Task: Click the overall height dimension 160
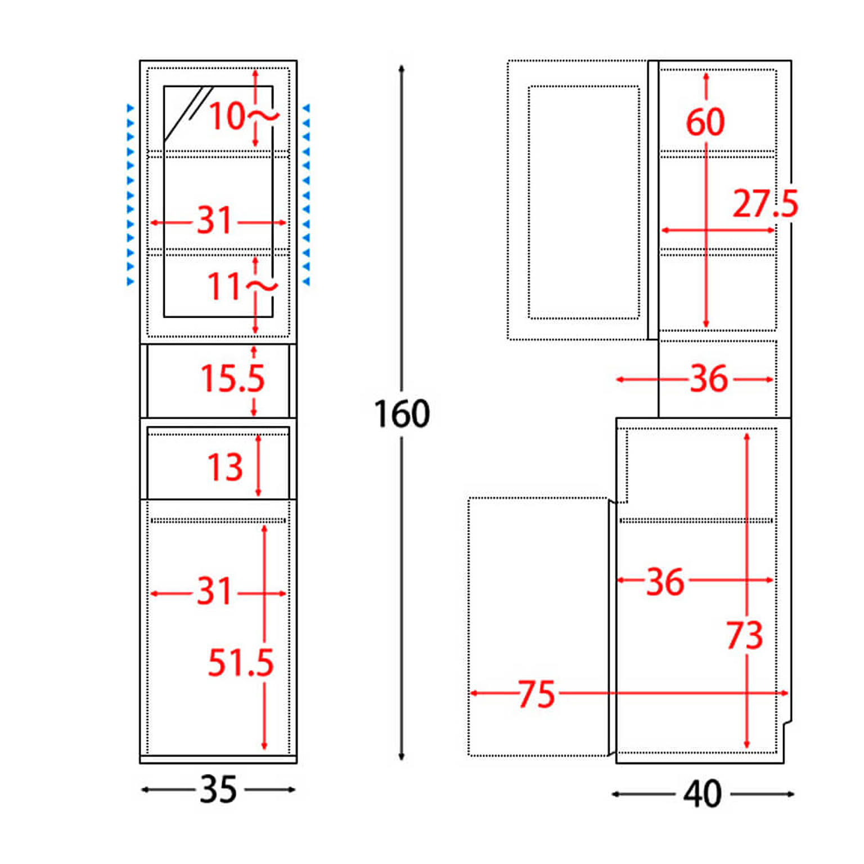point(402,414)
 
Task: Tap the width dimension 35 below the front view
point(218,789)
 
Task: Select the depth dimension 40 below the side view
point(703,794)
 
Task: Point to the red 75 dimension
point(537,694)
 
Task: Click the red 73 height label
point(745,635)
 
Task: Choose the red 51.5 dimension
point(241,662)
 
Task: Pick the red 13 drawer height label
point(225,467)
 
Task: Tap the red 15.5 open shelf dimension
point(232,377)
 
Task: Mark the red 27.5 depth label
point(766,203)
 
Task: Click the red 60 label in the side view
point(705,121)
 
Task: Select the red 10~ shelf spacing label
point(244,116)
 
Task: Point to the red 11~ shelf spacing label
point(242,286)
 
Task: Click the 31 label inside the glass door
point(214,220)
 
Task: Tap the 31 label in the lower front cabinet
point(214,591)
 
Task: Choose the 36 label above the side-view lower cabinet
point(709,379)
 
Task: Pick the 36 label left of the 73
point(665,581)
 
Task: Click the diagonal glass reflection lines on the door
point(188,112)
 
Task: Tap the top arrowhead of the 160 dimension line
point(402,69)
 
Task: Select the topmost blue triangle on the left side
point(130,107)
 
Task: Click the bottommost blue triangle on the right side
point(306,281)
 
